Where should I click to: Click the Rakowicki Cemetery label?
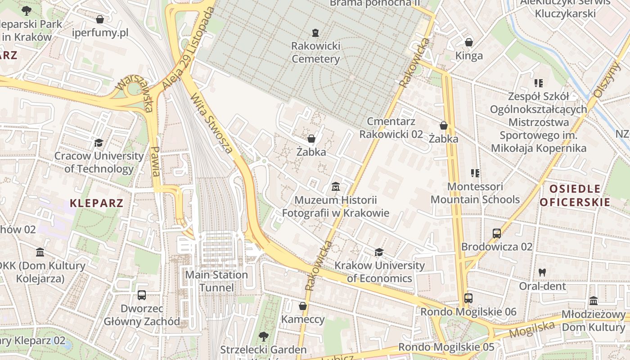coord(315,52)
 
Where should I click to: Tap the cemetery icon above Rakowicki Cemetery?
coord(315,32)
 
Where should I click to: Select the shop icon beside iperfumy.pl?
coord(100,19)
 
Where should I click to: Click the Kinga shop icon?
coord(469,42)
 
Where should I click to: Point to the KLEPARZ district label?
coord(96,203)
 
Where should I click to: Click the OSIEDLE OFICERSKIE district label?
coord(575,195)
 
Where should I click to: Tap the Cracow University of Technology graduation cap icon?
coord(99,143)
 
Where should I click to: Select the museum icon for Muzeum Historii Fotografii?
coord(336,186)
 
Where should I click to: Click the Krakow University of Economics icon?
coord(379,252)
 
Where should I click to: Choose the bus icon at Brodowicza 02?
coord(497,234)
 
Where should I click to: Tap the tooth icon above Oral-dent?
coord(542,272)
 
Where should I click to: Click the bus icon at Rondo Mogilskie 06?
coord(468,298)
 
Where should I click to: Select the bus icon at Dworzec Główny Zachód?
coord(142,295)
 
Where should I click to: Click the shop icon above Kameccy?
coord(303,306)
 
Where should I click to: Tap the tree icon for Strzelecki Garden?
coord(263,336)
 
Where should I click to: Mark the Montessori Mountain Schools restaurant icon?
coord(475,173)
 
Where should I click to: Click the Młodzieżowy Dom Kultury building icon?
coord(594,301)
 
